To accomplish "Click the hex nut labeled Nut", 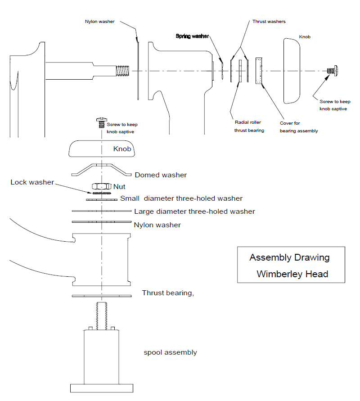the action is pos(102,186).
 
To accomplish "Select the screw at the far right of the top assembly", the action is pos(333,71).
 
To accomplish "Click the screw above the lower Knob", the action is pos(102,122).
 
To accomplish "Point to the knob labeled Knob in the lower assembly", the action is pos(102,149).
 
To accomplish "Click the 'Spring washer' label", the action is pos(192,36).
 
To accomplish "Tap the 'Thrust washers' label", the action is pos(269,22).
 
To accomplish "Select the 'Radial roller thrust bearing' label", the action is pos(249,126).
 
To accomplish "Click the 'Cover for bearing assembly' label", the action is pos(299,127).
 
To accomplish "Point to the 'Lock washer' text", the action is pos(32,182).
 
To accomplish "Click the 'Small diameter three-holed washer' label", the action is pos(181,198).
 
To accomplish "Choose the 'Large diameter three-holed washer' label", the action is pos(194,212).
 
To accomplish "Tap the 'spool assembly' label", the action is pos(170,352).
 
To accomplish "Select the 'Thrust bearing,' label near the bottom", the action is pos(168,293).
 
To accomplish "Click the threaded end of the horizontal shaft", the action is pos(123,71).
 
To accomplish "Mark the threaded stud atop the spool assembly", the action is pos(102,316).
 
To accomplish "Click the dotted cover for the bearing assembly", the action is pos(259,71).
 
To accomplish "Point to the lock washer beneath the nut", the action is pos(102,193).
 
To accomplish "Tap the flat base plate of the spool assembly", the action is pos(102,388).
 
